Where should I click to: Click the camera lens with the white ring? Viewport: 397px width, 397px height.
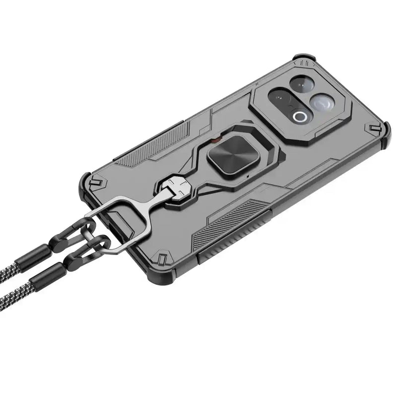[x=300, y=117]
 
